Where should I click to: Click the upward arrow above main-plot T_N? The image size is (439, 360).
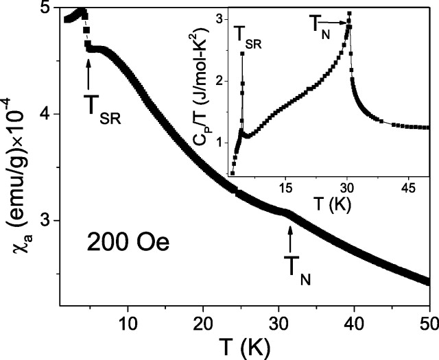tap(290, 237)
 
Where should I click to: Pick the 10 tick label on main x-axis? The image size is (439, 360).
tap(127, 319)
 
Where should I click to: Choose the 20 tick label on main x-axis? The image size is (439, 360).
tap(202, 319)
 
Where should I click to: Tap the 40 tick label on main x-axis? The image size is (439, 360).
tap(353, 319)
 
